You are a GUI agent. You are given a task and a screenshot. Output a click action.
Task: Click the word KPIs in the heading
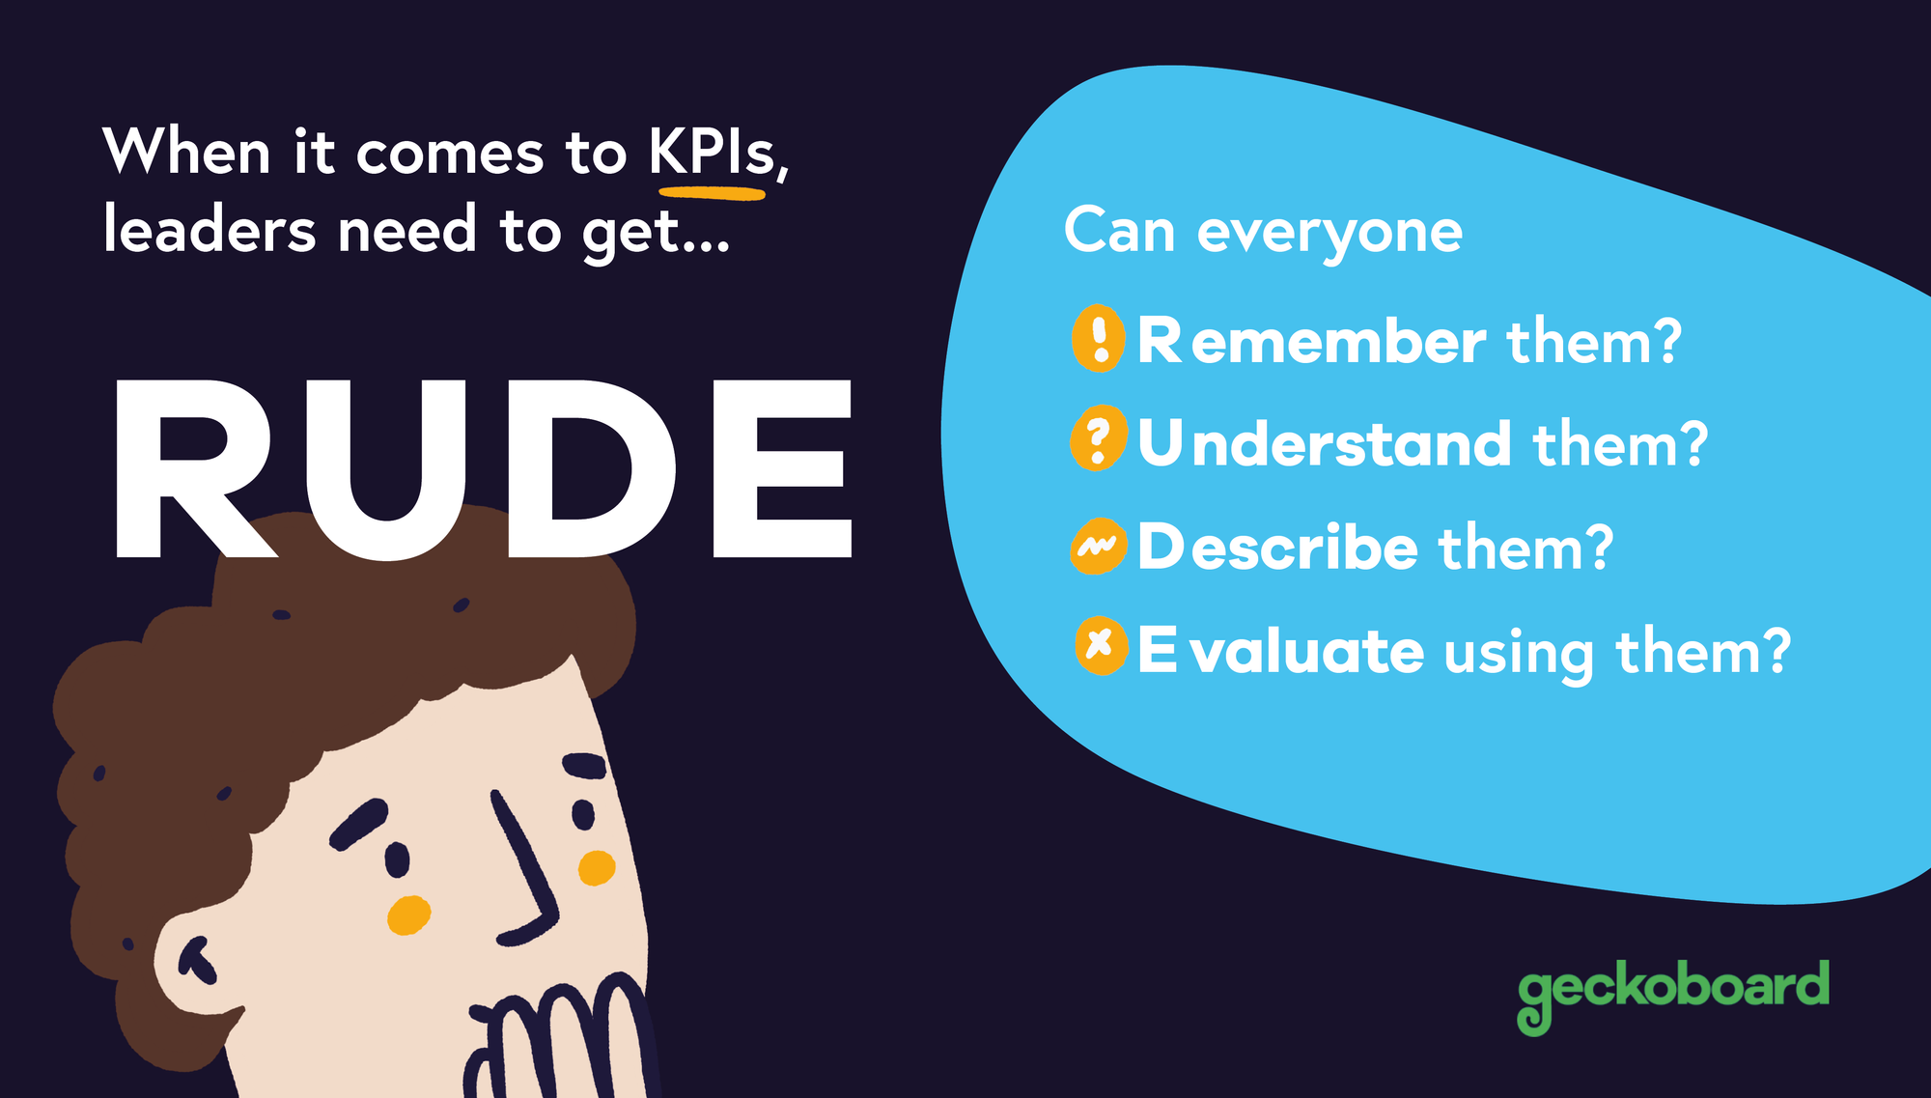[713, 152]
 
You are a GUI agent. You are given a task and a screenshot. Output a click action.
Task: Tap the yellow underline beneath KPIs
[713, 194]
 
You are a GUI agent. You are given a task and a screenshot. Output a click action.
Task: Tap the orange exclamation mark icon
[1099, 338]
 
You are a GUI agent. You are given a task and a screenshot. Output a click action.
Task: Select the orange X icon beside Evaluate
[1101, 644]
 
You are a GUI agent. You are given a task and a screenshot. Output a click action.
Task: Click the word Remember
[1311, 341]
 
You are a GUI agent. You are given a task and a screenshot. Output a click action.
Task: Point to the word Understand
[1324, 443]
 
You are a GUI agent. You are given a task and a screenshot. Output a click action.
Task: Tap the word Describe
[1277, 548]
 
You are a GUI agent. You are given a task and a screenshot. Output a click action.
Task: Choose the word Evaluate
[1280, 650]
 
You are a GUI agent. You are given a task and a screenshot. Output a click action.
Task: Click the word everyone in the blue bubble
[1329, 234]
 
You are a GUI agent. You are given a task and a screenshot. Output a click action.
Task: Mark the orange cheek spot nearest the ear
[408, 915]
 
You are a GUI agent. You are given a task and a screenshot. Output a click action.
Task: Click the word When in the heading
[186, 152]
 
